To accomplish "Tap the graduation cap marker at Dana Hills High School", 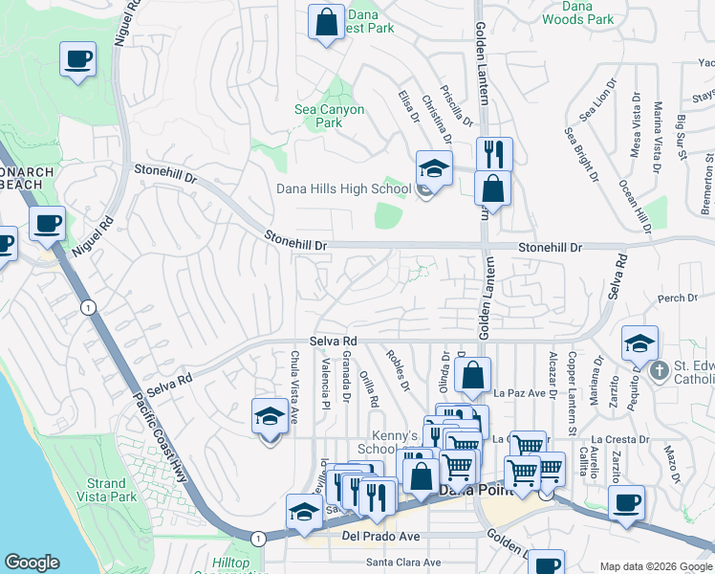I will [x=434, y=169].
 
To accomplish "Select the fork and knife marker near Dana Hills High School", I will [x=494, y=153].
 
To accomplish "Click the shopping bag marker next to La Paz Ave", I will [x=472, y=375].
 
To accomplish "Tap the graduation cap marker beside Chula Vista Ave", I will [x=271, y=416].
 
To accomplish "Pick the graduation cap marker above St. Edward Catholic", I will [x=639, y=343].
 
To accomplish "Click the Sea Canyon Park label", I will [x=329, y=116].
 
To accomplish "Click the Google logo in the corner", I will [x=32, y=563].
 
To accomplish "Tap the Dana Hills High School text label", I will [x=343, y=188].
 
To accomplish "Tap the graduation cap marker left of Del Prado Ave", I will [x=304, y=512].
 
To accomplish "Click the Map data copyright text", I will [x=655, y=566].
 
